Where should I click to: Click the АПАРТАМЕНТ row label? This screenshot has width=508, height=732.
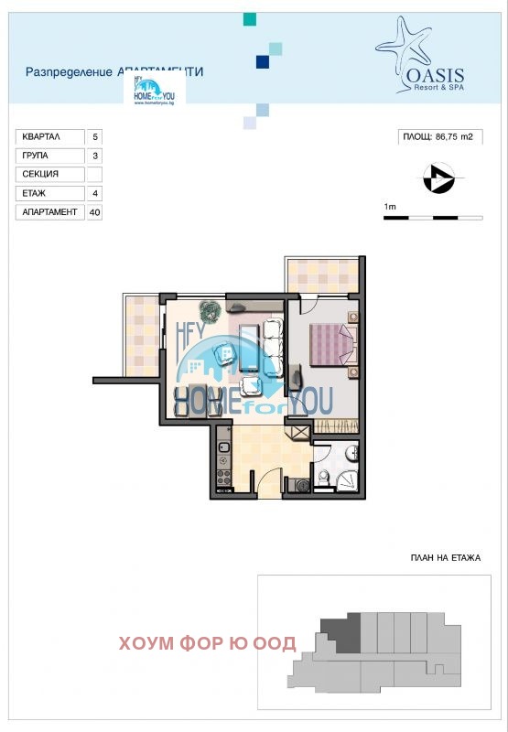click(48, 212)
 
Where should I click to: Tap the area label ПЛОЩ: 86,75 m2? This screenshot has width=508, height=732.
click(438, 137)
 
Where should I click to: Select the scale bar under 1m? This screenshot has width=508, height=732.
click(432, 218)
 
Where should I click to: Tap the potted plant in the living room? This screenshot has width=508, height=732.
click(211, 311)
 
